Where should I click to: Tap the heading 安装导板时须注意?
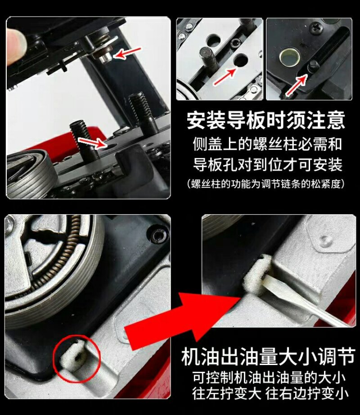point(266,120)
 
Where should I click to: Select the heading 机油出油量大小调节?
point(268,356)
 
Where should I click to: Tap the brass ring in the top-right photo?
point(290,57)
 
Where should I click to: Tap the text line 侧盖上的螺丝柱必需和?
point(267,144)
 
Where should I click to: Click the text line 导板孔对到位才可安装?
point(267,165)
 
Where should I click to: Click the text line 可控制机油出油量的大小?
point(269,378)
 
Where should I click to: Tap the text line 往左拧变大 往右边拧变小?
point(270,393)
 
